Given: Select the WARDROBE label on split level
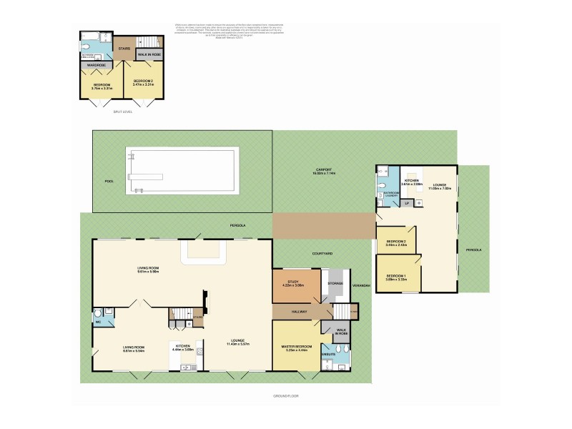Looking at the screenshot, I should pos(97,66).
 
